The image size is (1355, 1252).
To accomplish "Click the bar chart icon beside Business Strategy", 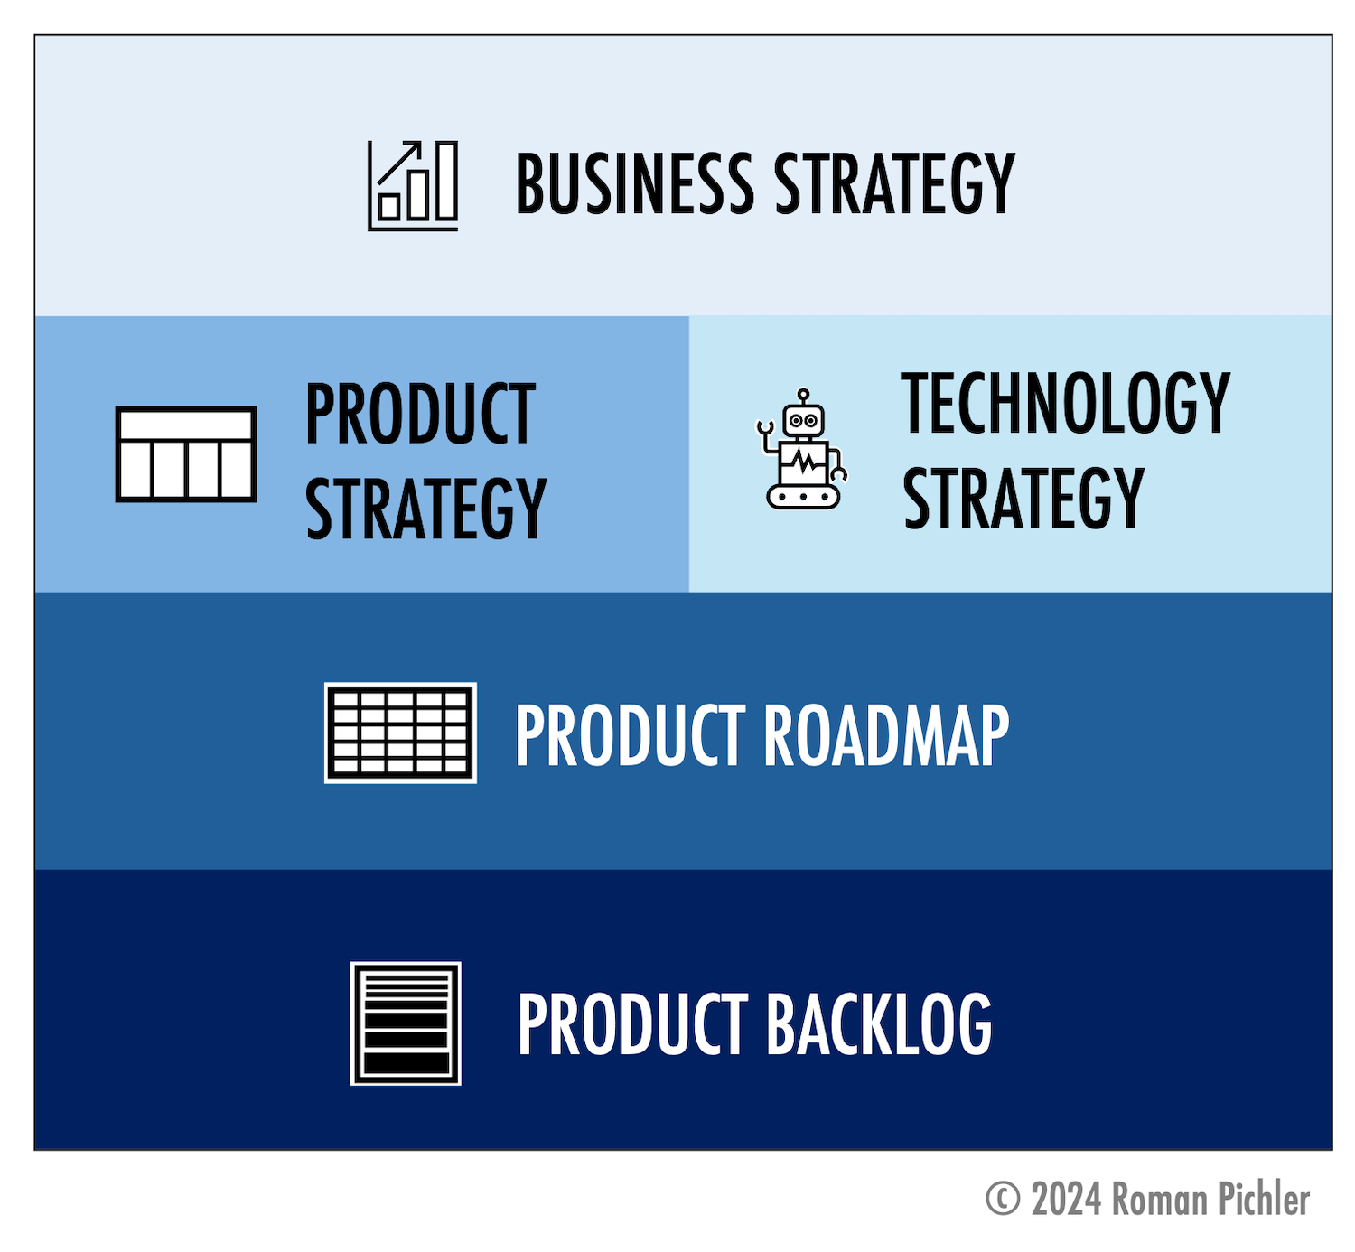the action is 413,185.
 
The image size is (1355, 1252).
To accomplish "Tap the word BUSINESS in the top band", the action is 634,183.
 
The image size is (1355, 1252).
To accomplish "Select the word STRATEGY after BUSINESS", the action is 894,183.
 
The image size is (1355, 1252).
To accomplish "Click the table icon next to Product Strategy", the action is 185,454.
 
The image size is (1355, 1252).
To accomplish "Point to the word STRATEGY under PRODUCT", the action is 426,509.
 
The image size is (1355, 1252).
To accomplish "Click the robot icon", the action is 801,449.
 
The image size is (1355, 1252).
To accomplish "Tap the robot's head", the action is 804,420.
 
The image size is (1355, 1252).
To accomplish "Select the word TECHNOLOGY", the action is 1066,403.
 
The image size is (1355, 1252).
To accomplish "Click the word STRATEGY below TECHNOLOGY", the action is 1023,498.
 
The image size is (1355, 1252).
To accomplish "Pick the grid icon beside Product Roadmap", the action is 400,733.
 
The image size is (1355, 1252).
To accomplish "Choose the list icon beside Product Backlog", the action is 406,1023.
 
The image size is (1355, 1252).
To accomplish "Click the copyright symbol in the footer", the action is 1003,1198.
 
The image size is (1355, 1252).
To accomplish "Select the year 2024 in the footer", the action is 1067,1199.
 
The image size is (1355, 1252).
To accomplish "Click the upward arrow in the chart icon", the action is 400,163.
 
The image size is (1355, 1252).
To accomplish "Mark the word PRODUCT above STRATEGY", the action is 420,414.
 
